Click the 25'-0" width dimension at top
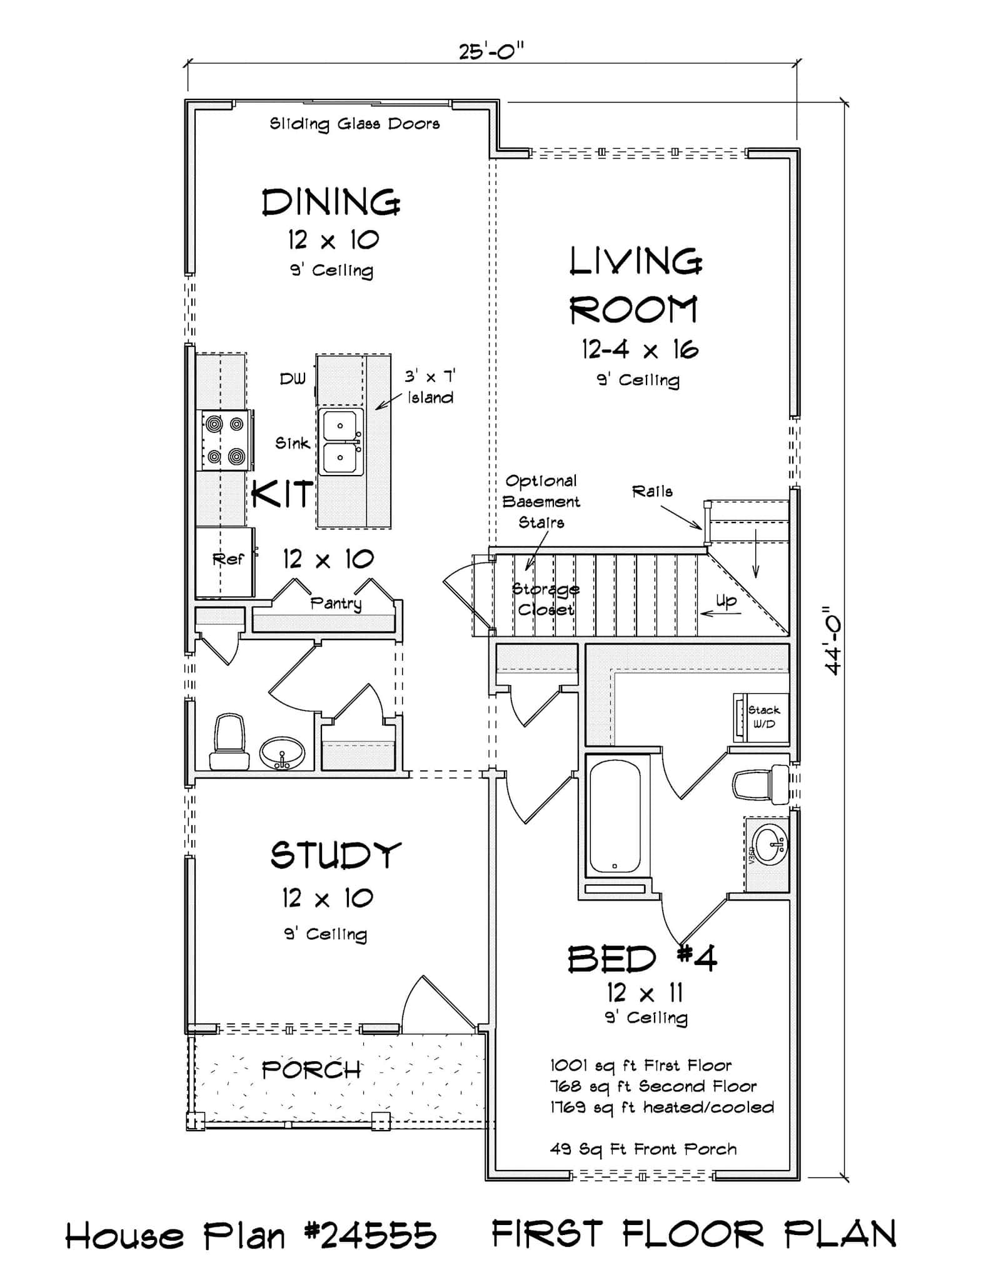[491, 51]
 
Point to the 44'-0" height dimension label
[833, 640]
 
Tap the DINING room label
[331, 202]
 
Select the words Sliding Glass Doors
[355, 124]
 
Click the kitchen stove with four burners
[226, 441]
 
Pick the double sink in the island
[341, 441]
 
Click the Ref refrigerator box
[225, 561]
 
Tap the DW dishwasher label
[293, 379]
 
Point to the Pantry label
[336, 603]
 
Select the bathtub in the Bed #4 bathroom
[615, 816]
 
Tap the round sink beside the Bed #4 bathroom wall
[768, 844]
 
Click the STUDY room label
[336, 855]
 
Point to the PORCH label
[311, 1071]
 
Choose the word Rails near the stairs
[652, 492]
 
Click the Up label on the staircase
[726, 601]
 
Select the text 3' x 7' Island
[430, 387]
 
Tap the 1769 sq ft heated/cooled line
[662, 1107]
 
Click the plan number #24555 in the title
[370, 1236]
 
